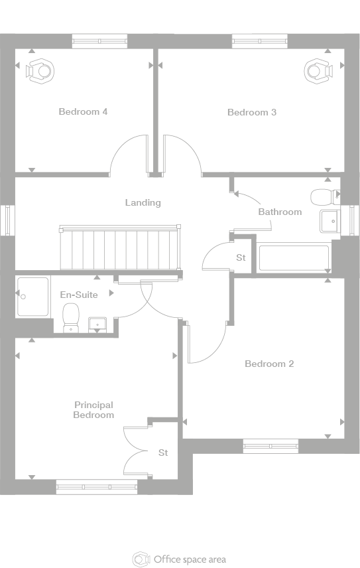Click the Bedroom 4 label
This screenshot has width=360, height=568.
tap(83, 111)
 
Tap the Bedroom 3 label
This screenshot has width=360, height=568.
tap(252, 112)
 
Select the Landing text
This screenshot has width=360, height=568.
tap(143, 202)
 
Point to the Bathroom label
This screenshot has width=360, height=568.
tap(280, 212)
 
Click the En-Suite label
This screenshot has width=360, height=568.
tap(79, 295)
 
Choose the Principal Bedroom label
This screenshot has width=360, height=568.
tap(93, 410)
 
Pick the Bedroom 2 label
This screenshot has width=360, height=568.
tap(269, 364)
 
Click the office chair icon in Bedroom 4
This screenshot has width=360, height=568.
tap(40, 71)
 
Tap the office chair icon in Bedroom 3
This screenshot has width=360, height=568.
tap(318, 71)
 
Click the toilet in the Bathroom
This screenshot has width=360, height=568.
tap(325, 197)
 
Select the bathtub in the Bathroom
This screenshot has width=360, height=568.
tap(294, 257)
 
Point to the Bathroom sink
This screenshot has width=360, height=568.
tap(329, 221)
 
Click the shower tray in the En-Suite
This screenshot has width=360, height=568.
tap(32, 297)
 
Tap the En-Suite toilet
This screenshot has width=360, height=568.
tap(71, 318)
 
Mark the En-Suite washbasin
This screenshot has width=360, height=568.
tap(97, 324)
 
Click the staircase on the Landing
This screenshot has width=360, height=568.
tap(120, 248)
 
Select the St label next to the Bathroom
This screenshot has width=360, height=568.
tap(241, 257)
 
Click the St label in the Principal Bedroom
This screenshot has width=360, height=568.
tap(163, 453)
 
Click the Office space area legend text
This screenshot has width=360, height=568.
tap(190, 559)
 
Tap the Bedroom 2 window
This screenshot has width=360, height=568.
tap(270, 446)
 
